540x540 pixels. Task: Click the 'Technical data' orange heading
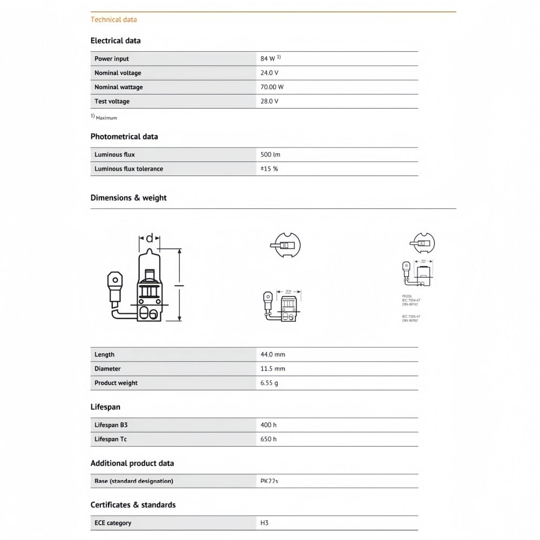[113, 19]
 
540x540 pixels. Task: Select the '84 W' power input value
[268, 58]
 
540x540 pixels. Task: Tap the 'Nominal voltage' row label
[118, 73]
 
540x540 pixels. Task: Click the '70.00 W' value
[272, 87]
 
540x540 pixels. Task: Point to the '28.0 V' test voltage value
[269, 101]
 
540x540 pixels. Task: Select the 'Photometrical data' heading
[124, 137]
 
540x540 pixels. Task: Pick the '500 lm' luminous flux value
[271, 154]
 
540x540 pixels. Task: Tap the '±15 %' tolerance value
[269, 168]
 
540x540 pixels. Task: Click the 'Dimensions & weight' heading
[129, 198]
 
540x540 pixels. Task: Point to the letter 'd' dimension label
[150, 238]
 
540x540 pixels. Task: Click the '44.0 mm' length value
[273, 354]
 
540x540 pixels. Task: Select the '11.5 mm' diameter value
[273, 368]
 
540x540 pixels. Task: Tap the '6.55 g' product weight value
[269, 383]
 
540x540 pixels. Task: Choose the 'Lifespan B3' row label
[111, 425]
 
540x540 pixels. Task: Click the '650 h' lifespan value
[268, 439]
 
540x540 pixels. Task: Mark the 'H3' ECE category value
[265, 523]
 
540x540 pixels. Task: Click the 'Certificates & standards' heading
[133, 505]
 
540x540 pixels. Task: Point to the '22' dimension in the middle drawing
[288, 292]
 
